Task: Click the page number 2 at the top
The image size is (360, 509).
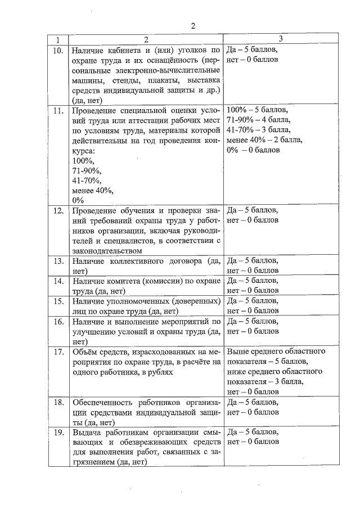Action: pyautogui.click(x=192, y=26)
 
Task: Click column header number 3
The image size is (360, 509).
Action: pyautogui.click(x=280, y=39)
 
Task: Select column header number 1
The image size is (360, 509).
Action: pyautogui.click(x=57, y=40)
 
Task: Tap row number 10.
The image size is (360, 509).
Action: pyautogui.click(x=57, y=50)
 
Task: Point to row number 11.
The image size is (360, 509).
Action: pyautogui.click(x=57, y=110)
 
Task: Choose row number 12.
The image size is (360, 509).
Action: pyautogui.click(x=57, y=211)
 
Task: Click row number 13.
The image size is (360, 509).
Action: pyautogui.click(x=57, y=262)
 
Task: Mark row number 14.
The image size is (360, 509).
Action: pyautogui.click(x=57, y=280)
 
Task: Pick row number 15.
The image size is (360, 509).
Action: pyautogui.click(x=57, y=301)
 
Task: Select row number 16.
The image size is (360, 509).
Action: pyautogui.click(x=57, y=322)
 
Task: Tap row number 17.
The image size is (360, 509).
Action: pyautogui.click(x=57, y=352)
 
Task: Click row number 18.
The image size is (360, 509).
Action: pyautogui.click(x=57, y=403)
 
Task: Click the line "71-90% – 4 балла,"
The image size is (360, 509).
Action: pyautogui.click(x=258, y=120)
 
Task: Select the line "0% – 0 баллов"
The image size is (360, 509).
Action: pyautogui.click(x=253, y=150)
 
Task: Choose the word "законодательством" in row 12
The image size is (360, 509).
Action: pyautogui.click(x=107, y=251)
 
